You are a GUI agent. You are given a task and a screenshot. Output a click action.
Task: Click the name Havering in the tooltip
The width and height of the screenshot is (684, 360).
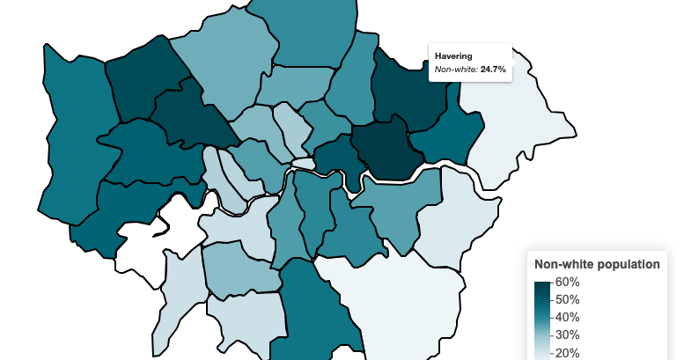454,56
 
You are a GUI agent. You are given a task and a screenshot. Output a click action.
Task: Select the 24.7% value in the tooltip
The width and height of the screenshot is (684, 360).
493,69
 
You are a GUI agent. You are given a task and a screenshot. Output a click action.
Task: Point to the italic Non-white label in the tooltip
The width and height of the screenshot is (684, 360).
456,69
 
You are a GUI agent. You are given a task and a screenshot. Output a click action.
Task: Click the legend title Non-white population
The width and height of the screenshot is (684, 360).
597,264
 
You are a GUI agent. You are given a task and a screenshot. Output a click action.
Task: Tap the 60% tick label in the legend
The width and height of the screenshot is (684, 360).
567,283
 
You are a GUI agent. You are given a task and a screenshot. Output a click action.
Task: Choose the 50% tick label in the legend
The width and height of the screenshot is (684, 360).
567,300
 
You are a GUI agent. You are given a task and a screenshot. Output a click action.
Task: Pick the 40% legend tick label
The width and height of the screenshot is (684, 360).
567,318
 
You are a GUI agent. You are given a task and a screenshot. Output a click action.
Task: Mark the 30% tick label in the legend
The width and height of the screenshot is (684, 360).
567,335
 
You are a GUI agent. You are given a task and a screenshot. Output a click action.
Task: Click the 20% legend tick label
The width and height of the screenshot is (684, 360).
567,353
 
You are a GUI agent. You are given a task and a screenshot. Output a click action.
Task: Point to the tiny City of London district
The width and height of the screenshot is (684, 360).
303,164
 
